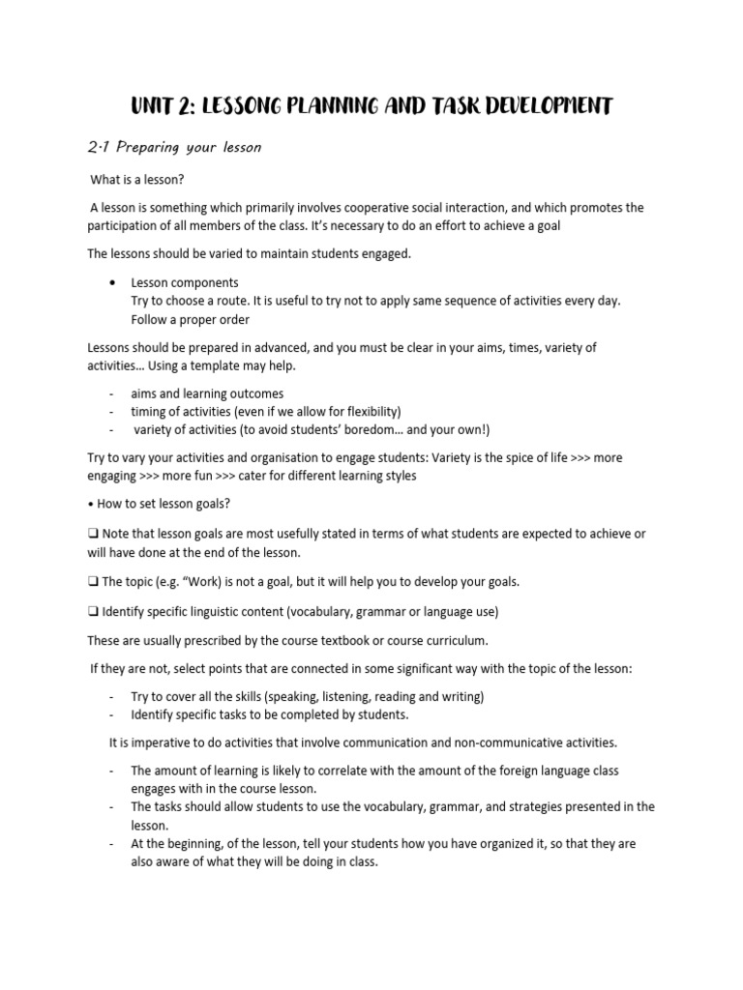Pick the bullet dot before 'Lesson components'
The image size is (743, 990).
pos(114,282)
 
